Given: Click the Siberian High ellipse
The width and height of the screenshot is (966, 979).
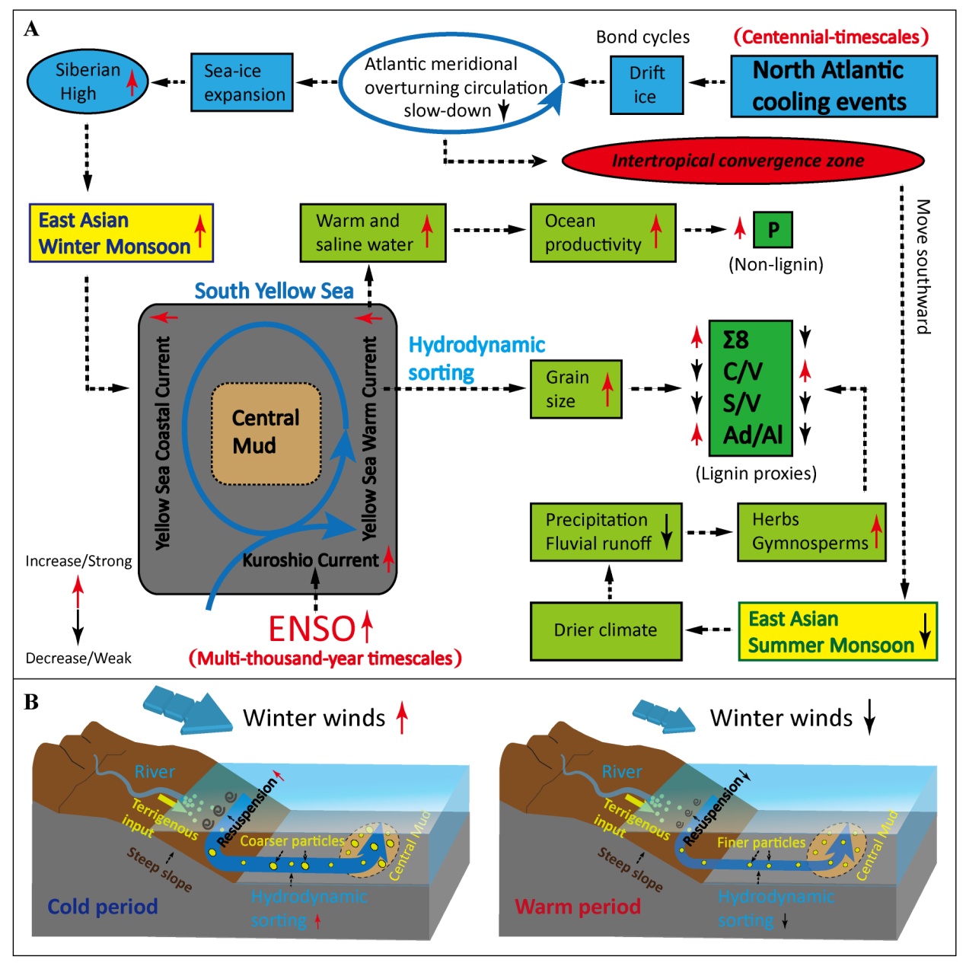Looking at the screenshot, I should click(x=87, y=81).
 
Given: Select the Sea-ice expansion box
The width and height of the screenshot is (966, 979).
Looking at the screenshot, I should click(x=241, y=82).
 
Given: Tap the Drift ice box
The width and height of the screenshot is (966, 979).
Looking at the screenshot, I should click(x=646, y=85).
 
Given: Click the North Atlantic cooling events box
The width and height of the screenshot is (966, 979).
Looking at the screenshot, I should click(x=833, y=86).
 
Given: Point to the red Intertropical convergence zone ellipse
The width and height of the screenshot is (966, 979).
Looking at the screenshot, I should click(x=742, y=161).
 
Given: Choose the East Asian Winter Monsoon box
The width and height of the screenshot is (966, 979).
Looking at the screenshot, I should click(x=120, y=233).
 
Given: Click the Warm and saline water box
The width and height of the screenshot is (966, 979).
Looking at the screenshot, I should click(x=372, y=232).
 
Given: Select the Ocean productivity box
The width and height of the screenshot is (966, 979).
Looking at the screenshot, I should click(x=602, y=232).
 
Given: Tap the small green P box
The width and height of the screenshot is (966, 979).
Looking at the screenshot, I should click(x=773, y=230).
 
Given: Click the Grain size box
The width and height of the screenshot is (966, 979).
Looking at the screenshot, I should click(x=575, y=389).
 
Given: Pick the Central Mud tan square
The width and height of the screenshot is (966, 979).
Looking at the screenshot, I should click(x=266, y=433).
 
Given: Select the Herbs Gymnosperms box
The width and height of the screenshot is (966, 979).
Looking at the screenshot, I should click(x=811, y=531).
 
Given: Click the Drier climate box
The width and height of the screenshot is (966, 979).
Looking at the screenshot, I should click(x=605, y=630).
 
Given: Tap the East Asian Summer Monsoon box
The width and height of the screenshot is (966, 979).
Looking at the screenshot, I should click(x=837, y=632).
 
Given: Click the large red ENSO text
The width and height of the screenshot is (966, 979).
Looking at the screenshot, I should click(x=312, y=629).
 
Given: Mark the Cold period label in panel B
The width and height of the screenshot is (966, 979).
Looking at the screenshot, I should click(x=102, y=907).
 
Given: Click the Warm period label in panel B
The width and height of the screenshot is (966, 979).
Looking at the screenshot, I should click(x=577, y=907).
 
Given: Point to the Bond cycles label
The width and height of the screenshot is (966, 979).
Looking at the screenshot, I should click(x=642, y=37).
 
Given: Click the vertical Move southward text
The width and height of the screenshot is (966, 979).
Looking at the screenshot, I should click(x=923, y=266).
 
